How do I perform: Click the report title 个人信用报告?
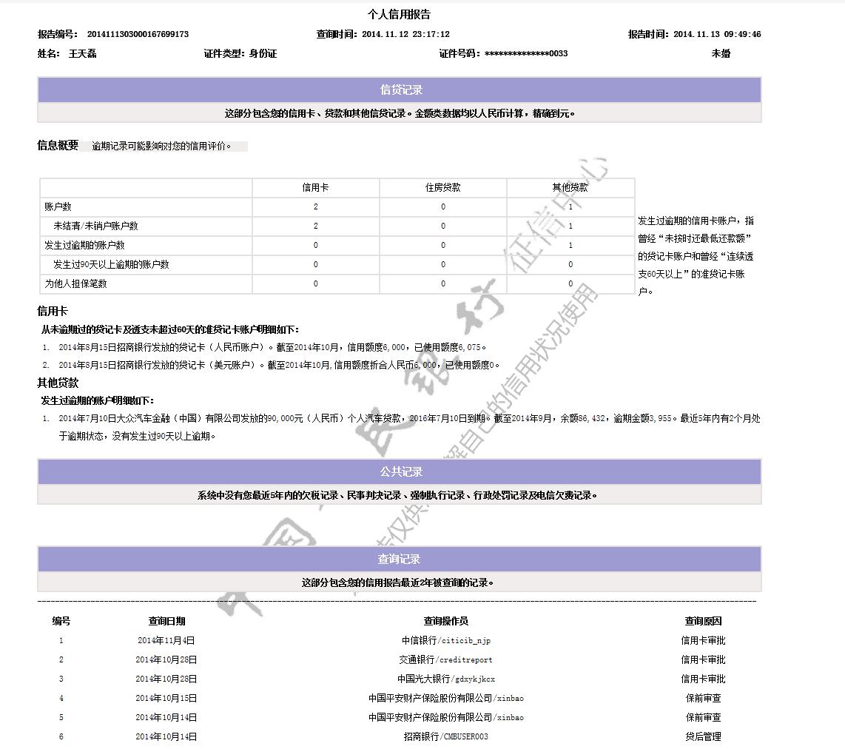[x=399, y=15]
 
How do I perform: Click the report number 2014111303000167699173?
[x=138, y=34]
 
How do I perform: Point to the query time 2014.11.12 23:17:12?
[x=405, y=34]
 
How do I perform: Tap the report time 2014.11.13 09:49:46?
[x=717, y=34]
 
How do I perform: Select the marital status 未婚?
[x=721, y=53]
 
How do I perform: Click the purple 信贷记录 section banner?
[x=400, y=90]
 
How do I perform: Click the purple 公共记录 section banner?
[x=400, y=472]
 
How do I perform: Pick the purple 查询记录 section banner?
[x=400, y=560]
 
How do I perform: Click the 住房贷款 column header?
[x=443, y=188]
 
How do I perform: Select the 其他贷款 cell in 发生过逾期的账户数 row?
[x=570, y=245]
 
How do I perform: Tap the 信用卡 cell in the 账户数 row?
[x=316, y=207]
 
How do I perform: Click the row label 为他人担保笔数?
[x=75, y=283]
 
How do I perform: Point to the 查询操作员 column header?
[x=445, y=622]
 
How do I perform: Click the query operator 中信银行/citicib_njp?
[x=445, y=641]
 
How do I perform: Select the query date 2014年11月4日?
[x=166, y=641]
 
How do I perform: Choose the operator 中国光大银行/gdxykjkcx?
[x=445, y=679]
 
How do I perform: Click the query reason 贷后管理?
[x=703, y=737]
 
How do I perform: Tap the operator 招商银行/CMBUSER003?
[x=445, y=737]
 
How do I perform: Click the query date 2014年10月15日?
[x=166, y=699]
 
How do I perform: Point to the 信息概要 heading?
[x=58, y=145]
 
